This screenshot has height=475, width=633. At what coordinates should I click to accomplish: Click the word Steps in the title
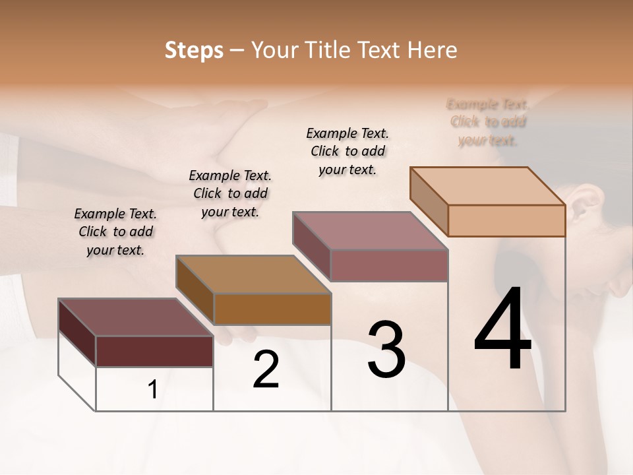(194, 50)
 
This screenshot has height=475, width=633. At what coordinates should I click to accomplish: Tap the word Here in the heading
(433, 50)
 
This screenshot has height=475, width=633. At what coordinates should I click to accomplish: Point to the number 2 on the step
(266, 369)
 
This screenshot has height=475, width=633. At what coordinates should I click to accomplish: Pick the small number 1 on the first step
(153, 390)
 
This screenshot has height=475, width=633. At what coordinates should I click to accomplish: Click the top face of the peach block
(488, 185)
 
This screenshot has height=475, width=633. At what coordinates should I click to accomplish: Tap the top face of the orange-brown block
(253, 274)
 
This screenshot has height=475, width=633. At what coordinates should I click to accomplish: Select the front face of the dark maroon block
(154, 351)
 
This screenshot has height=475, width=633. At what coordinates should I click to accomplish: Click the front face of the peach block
(506, 220)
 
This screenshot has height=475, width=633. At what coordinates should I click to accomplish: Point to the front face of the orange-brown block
(272, 309)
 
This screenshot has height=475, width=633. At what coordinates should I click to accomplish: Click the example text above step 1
(115, 232)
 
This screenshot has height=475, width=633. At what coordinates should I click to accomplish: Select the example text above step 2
(230, 193)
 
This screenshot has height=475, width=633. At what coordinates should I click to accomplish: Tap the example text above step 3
(347, 151)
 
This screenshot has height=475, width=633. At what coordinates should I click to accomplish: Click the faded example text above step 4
(488, 122)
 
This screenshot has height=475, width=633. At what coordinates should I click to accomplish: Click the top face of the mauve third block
(371, 231)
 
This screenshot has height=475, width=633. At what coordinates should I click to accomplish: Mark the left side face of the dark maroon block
(77, 332)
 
